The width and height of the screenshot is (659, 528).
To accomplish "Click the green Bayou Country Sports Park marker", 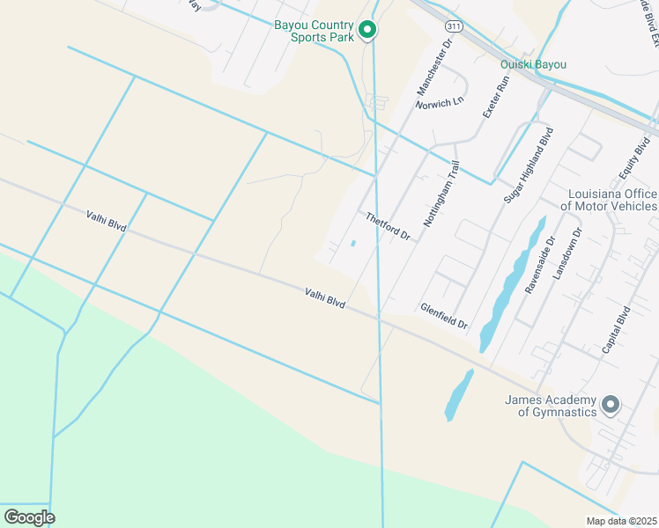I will point(368,31).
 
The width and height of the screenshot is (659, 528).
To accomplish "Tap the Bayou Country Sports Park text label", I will point(314,31).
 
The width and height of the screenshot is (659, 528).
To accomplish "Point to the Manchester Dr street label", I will point(433,67).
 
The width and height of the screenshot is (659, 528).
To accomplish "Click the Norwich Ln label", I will point(440,102).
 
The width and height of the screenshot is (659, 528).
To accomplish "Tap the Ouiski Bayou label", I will point(533,64).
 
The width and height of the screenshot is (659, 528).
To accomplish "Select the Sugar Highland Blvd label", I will point(528,165).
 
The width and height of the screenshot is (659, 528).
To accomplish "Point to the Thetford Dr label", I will point(388,226).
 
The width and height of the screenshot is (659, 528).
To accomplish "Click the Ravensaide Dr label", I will point(538,264).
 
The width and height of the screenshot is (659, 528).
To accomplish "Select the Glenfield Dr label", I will point(444,316).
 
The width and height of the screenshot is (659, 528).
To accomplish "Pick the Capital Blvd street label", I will point(616,330).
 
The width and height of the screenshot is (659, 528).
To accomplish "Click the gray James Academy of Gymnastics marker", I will point(611,406).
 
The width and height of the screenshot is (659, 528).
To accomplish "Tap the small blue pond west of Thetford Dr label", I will point(353,244).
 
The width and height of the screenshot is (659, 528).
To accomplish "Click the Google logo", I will point(29,517).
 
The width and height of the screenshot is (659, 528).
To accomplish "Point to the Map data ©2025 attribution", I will point(621,521).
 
